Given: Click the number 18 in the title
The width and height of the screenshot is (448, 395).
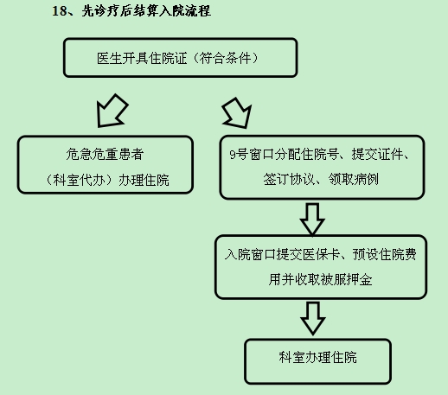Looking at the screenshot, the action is click(60, 11).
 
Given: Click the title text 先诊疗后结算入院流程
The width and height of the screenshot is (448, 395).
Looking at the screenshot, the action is click(146, 11).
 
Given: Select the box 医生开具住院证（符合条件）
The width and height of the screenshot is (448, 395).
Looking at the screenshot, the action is click(181, 58).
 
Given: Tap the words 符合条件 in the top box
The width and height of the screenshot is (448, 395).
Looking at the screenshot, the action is click(225, 58).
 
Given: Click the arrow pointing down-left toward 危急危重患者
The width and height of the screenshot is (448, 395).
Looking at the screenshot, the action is click(112, 111).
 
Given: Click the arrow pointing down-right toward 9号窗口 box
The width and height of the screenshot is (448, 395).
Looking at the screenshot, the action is click(237, 113).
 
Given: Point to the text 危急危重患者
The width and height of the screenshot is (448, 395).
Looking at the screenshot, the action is click(105, 154).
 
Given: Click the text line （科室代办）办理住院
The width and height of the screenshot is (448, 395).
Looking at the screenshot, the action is click(106, 180).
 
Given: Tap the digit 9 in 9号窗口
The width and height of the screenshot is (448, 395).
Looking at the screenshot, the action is click(233, 155).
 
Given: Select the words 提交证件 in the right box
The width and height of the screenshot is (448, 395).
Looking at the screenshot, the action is click(377, 155).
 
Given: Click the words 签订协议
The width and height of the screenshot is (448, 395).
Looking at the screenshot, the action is click(289, 179).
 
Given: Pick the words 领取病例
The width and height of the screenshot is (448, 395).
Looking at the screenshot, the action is click(354, 179).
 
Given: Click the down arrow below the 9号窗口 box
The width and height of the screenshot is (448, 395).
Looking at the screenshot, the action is click(312, 219).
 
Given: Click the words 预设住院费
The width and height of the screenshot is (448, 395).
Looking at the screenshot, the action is click(385, 254).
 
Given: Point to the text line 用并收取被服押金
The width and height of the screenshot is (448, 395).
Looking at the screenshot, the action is click(320, 279).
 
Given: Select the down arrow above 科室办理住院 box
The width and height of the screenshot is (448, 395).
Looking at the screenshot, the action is click(313, 318).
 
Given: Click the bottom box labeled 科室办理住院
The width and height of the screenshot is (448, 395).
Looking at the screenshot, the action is click(318, 361).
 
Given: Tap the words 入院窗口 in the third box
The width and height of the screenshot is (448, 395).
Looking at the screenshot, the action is click(250, 254).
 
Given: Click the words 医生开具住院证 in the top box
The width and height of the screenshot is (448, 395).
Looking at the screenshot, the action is click(142, 58).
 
